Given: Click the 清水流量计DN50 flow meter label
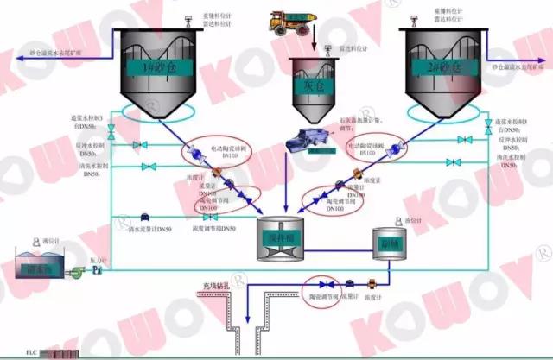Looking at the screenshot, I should coord(153,228).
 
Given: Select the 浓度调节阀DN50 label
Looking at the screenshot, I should coord(214,228).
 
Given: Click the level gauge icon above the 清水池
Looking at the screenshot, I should coord(35,241).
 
